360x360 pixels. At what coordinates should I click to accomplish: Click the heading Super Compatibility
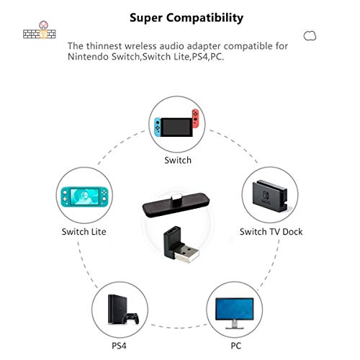[x=186, y=18]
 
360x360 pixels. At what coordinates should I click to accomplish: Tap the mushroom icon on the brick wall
[x=43, y=25]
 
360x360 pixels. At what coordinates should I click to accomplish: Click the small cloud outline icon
[x=310, y=36]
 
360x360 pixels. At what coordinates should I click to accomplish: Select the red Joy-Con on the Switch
[x=196, y=119]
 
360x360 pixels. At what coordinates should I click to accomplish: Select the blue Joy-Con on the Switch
[x=158, y=127]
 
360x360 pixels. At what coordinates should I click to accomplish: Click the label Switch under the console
[x=178, y=160]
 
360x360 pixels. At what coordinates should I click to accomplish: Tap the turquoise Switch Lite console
[x=84, y=197]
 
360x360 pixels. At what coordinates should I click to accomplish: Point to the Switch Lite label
[x=84, y=232]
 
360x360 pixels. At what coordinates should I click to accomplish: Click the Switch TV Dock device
[x=270, y=196]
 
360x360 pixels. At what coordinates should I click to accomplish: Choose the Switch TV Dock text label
[x=271, y=232]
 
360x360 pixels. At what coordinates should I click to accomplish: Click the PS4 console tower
[x=115, y=309]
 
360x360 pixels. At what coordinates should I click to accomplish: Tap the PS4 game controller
[x=131, y=318]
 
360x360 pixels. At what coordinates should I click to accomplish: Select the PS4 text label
[x=119, y=346]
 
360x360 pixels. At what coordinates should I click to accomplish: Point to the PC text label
[x=235, y=346]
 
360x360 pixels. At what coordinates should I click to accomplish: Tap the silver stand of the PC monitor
[x=235, y=325]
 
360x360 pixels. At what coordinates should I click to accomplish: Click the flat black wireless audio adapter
[x=176, y=204]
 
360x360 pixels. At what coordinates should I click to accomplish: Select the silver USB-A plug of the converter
[x=186, y=253]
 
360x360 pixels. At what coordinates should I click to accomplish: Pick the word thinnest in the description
[x=104, y=46]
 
